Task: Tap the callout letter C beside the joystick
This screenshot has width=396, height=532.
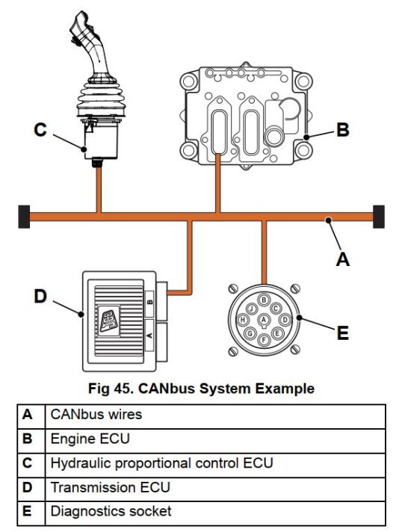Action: coord(41,130)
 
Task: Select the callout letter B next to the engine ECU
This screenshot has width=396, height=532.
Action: coord(341,129)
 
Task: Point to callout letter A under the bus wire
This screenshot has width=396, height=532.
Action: coord(343,259)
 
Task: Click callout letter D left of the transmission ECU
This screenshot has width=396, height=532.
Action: coord(40,297)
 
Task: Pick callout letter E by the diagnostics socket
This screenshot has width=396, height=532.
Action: coord(342,332)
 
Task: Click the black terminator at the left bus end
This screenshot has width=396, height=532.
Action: coord(23,217)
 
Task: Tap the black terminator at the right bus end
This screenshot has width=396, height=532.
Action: coord(378,217)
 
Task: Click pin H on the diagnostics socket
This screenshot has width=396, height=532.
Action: coord(244,320)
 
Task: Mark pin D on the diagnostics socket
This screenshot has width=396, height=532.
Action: coord(285,320)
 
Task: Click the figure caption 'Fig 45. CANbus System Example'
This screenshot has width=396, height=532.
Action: coord(201,389)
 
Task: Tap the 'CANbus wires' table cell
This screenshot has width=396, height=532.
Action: coord(96,414)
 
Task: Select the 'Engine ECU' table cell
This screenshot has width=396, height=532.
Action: coord(89,439)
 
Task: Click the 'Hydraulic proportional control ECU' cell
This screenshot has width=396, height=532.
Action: coord(161,463)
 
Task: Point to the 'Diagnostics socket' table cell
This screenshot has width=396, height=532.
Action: coord(111,512)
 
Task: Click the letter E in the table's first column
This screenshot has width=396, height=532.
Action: coord(28,512)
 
